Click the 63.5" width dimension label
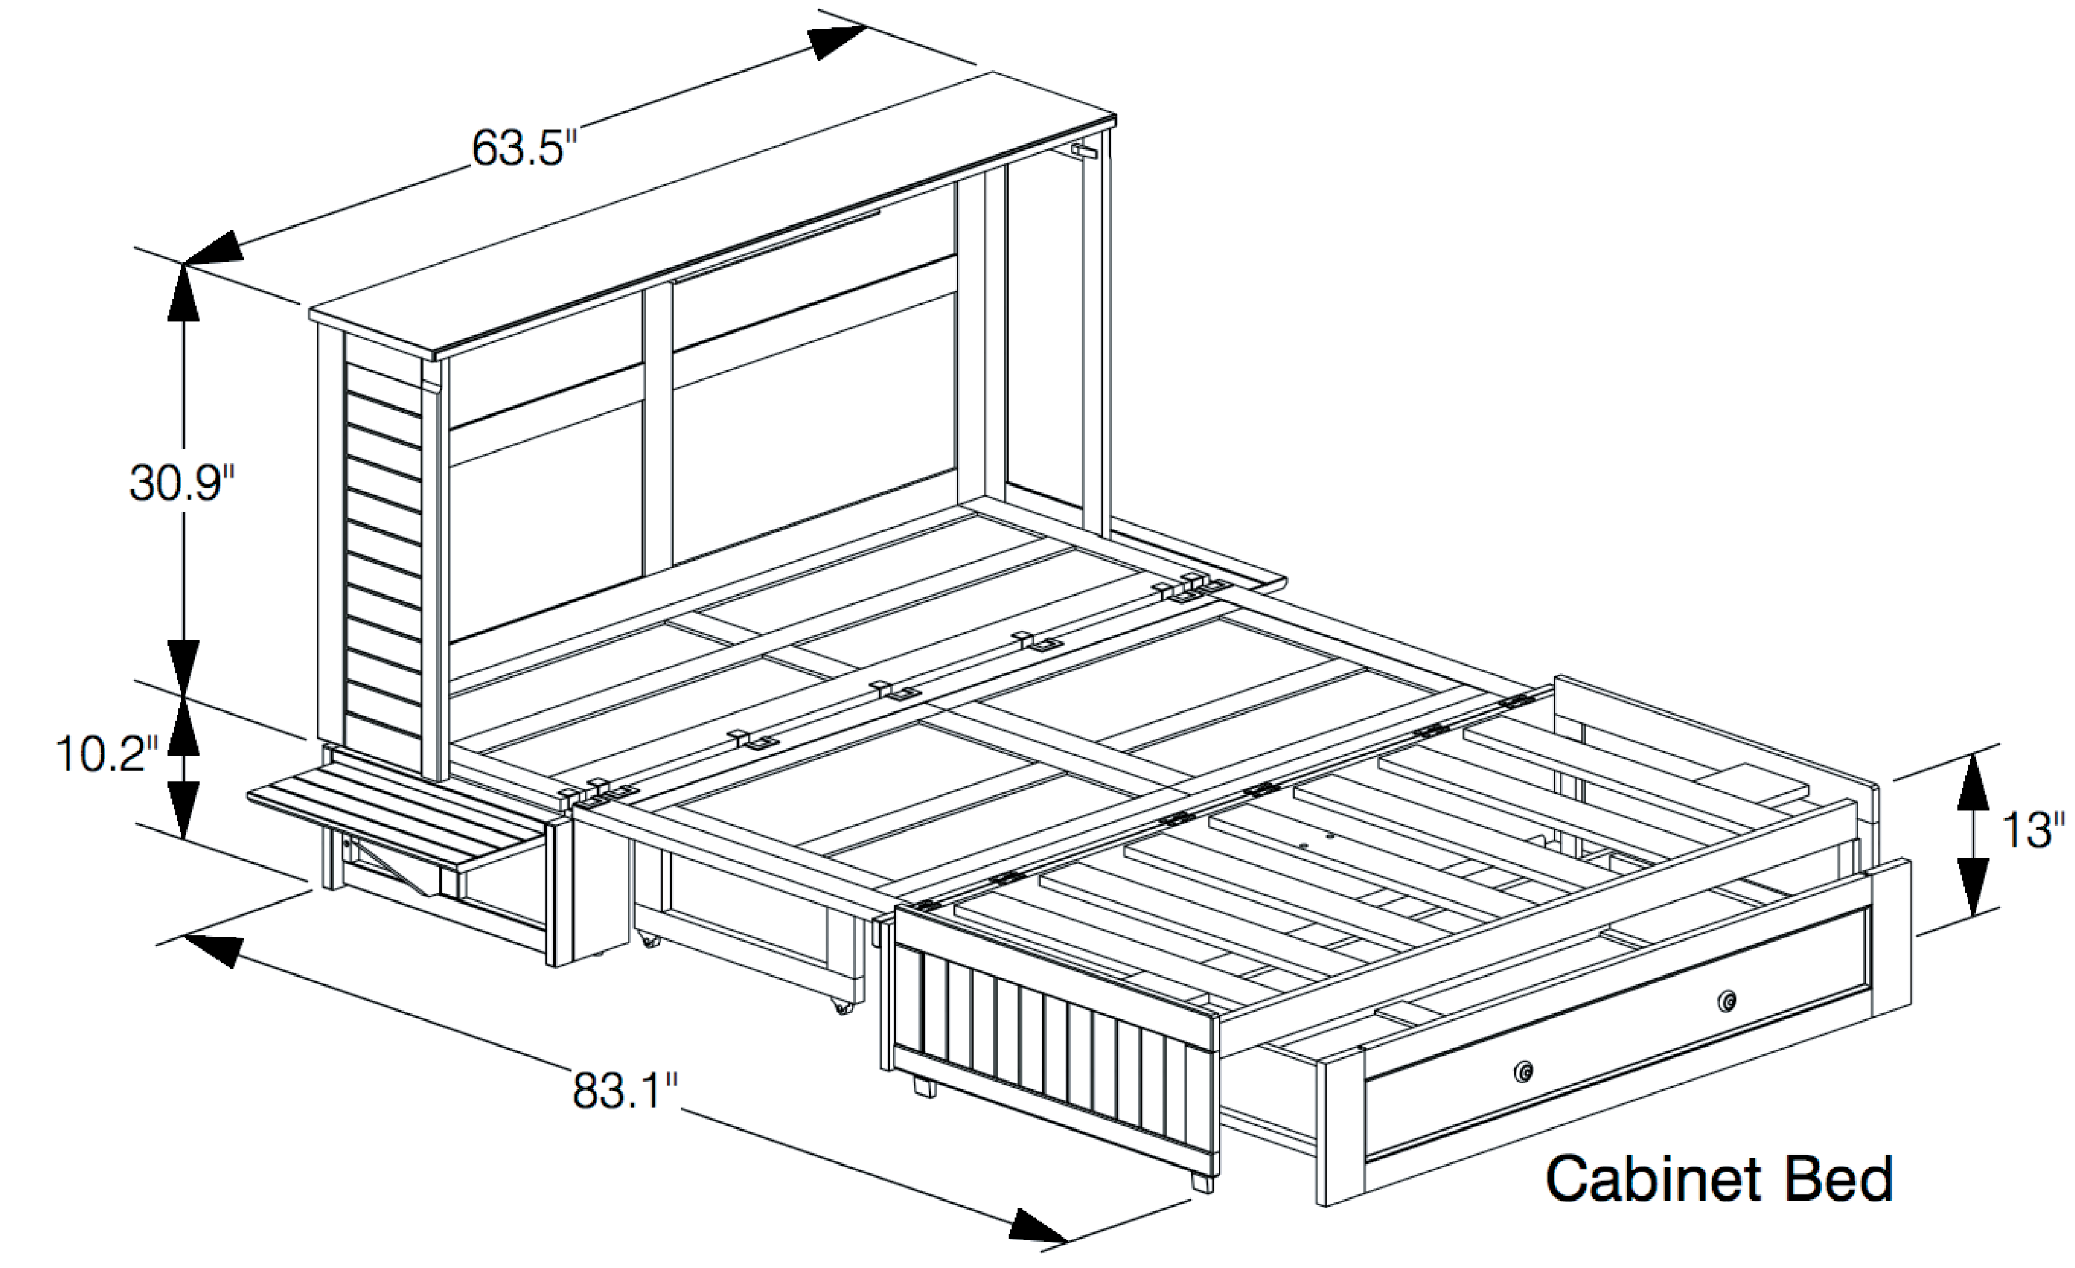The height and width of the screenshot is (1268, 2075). [x=524, y=149]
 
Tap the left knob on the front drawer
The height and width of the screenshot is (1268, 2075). [x=1523, y=1072]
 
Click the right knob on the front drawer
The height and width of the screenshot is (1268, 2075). [x=1727, y=1001]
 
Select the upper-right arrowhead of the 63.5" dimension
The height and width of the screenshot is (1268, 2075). [x=836, y=42]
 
